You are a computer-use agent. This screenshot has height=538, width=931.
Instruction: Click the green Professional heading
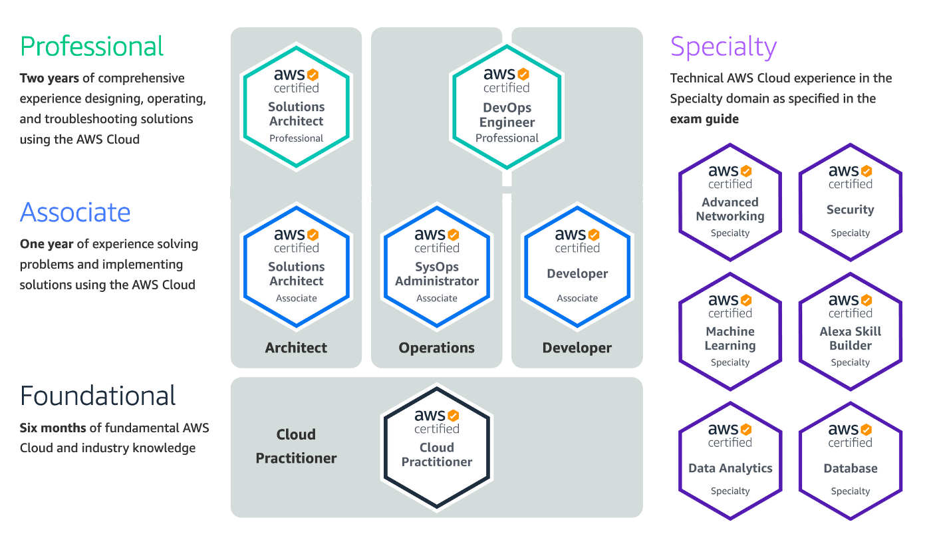point(92,47)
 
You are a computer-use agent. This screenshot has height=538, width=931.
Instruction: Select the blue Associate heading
point(75,212)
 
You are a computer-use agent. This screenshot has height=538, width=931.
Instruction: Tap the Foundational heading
point(98,396)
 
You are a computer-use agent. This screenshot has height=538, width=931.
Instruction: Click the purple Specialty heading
point(724,47)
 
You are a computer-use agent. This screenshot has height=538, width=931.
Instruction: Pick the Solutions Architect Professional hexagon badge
point(296,106)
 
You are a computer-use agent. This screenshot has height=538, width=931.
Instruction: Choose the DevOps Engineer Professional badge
point(507,106)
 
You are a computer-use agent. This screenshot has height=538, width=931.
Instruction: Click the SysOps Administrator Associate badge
point(437,266)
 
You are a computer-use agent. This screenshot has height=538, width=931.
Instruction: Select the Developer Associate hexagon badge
point(577,266)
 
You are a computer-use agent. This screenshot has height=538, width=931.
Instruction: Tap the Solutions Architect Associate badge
point(296,266)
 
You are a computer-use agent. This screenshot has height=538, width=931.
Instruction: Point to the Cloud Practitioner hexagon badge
point(437,447)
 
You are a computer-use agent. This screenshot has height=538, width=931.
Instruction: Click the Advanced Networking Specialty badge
point(730,202)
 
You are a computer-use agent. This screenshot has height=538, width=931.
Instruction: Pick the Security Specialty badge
point(851,202)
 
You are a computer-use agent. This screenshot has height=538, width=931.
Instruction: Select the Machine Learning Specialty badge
point(730,331)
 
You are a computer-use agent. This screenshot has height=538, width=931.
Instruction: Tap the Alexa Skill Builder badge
point(851,331)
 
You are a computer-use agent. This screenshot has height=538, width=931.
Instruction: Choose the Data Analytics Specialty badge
point(730,460)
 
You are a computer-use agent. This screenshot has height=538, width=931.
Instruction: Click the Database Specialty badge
point(851,460)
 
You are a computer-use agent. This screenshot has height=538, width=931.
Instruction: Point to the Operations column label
point(437,348)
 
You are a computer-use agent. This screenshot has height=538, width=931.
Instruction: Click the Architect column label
point(296,348)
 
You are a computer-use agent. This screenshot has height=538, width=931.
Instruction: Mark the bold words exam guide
point(704,119)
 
